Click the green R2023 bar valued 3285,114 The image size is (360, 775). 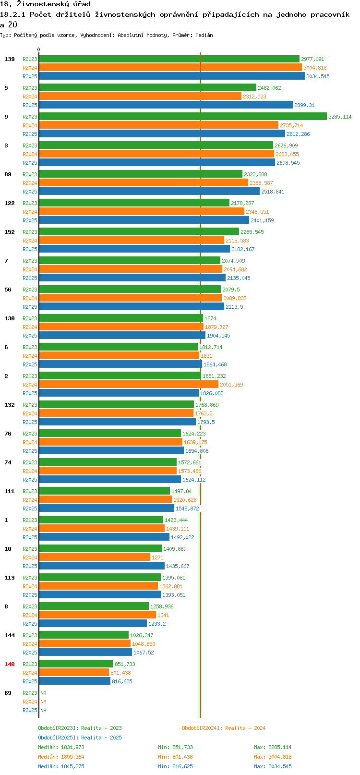click(183, 117)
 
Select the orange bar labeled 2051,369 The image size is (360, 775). click(129, 385)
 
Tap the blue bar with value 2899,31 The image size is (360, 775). click(166, 105)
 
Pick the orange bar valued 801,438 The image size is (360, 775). click(74, 673)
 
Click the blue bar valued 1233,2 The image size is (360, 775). click(93, 623)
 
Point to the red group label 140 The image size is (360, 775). click(9, 664)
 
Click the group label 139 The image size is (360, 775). click(9, 59)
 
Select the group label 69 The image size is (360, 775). click(8, 693)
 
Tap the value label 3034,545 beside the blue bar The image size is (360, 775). click(318, 76)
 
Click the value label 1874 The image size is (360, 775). click(210, 318)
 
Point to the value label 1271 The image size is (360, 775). click(157, 557)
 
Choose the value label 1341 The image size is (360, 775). click(163, 615)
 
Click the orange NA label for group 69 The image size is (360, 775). click(43, 702)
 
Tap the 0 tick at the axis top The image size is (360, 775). click(38, 49)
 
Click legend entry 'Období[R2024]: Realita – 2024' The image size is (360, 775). click(224, 728)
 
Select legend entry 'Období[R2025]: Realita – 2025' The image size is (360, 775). click(80, 738)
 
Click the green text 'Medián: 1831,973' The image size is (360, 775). click(61, 747)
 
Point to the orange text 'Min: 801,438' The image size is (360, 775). click(175, 757)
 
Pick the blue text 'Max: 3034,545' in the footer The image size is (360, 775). click(273, 766)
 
